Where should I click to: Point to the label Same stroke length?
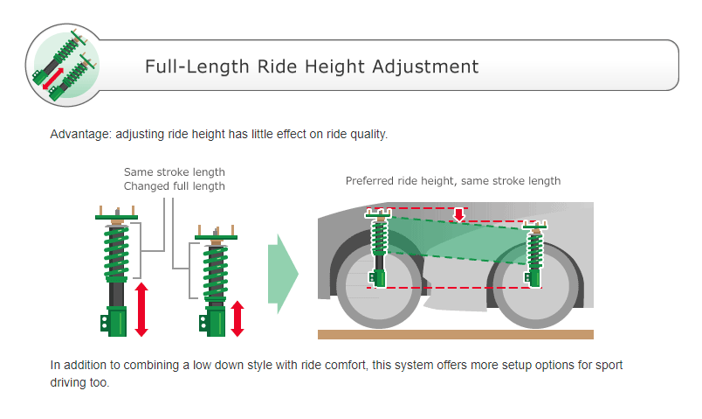tap(174, 171)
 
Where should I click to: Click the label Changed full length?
tap(174, 185)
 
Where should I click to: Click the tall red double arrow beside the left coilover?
tap(141, 309)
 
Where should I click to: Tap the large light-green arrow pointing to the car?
tap(283, 274)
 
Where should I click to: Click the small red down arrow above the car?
tap(458, 214)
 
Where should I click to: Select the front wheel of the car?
tap(378, 289)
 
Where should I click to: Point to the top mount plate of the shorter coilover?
tap(216, 236)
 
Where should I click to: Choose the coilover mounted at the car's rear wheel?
tap(534, 254)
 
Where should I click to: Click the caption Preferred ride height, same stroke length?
tap(452, 181)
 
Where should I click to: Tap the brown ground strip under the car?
tap(455, 334)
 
